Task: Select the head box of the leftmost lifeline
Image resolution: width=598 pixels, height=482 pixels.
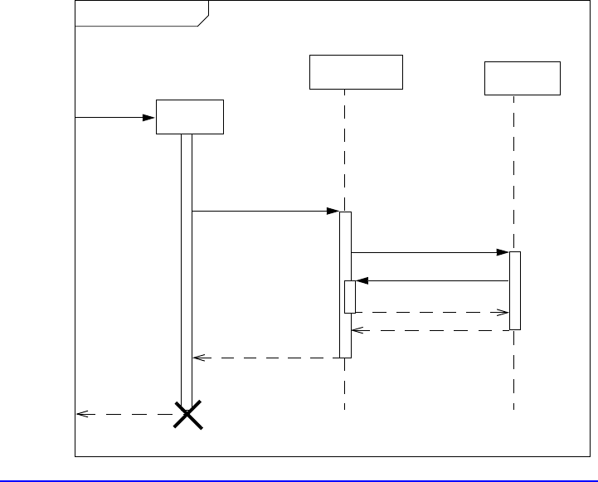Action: pos(190,116)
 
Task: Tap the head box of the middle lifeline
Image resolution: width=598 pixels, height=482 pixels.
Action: pos(356,71)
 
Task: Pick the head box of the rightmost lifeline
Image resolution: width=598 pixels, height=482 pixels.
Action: pos(523,78)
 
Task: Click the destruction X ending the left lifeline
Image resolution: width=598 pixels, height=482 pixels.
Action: pos(187,414)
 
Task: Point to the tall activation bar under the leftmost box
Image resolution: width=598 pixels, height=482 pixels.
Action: pos(187,265)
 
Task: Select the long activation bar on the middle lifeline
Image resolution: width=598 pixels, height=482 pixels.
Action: pos(345,249)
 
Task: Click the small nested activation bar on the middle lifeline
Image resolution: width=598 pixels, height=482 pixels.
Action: pos(350,297)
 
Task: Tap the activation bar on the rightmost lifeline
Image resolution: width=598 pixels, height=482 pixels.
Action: pos(514,290)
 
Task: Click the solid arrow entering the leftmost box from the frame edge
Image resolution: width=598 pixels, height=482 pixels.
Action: pos(116,118)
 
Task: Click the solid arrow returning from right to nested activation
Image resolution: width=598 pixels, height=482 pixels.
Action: pos(431,281)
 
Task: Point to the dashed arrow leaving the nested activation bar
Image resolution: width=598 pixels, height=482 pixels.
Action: pos(431,313)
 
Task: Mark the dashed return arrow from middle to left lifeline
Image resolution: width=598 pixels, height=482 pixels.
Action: pos(265,358)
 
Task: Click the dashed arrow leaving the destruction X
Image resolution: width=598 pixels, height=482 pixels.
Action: pos(124,414)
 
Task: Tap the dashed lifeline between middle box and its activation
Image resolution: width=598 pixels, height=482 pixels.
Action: pos(344,149)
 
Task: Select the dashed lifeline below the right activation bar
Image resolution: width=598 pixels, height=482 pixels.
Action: pos(514,369)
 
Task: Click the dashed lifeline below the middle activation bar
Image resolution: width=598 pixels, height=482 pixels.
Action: pos(344,383)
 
